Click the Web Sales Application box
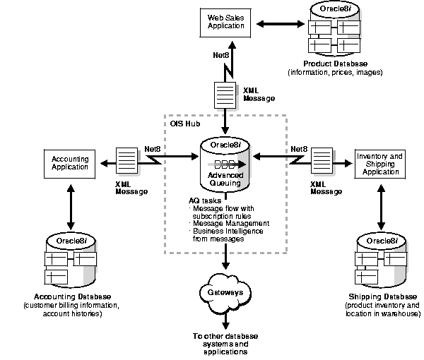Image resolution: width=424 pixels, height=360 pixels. [x=225, y=21]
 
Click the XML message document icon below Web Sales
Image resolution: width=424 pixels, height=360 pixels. [x=224, y=95]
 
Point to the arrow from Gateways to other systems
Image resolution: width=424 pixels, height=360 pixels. [x=224, y=318]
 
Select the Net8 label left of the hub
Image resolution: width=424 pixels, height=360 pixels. [x=153, y=149]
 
